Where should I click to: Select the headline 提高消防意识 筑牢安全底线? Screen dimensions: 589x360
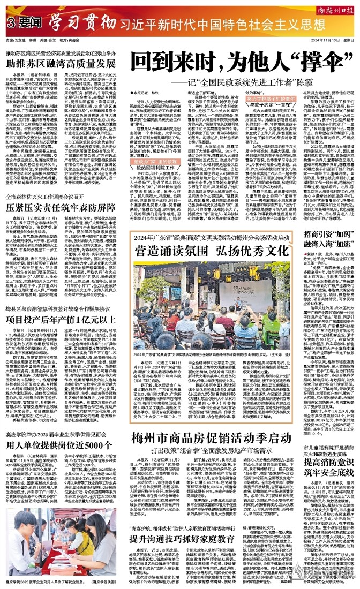tap(327, 479)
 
